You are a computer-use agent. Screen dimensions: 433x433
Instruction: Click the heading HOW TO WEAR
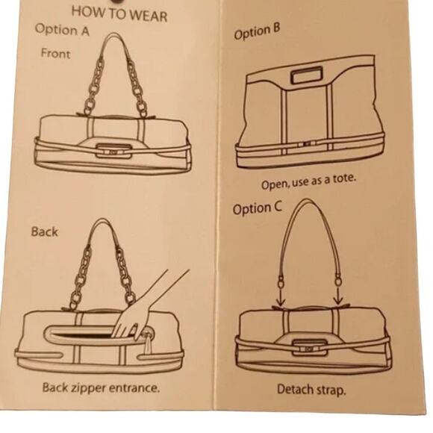tap(119, 13)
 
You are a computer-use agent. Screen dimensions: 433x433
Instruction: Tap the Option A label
tap(62, 30)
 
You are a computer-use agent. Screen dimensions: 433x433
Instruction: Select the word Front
tap(55, 53)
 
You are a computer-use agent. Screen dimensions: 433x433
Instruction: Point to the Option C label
tap(258, 208)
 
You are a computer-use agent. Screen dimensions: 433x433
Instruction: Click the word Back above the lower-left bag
tap(45, 231)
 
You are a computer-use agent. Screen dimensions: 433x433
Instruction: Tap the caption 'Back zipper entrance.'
tap(101, 388)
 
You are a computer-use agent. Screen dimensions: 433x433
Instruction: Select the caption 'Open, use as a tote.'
tap(309, 181)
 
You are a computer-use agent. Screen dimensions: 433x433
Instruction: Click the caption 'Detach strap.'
tap(311, 390)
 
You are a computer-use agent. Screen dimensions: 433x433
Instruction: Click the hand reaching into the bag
tap(143, 312)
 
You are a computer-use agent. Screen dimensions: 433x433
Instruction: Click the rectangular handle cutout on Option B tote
tap(307, 75)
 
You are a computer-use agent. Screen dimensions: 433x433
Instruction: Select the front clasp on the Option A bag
tap(113, 152)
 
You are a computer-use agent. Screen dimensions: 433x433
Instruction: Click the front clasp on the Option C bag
tap(309, 349)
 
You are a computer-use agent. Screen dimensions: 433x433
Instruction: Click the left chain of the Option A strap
tap(93, 86)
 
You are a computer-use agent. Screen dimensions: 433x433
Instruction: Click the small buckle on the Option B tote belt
tap(307, 144)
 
